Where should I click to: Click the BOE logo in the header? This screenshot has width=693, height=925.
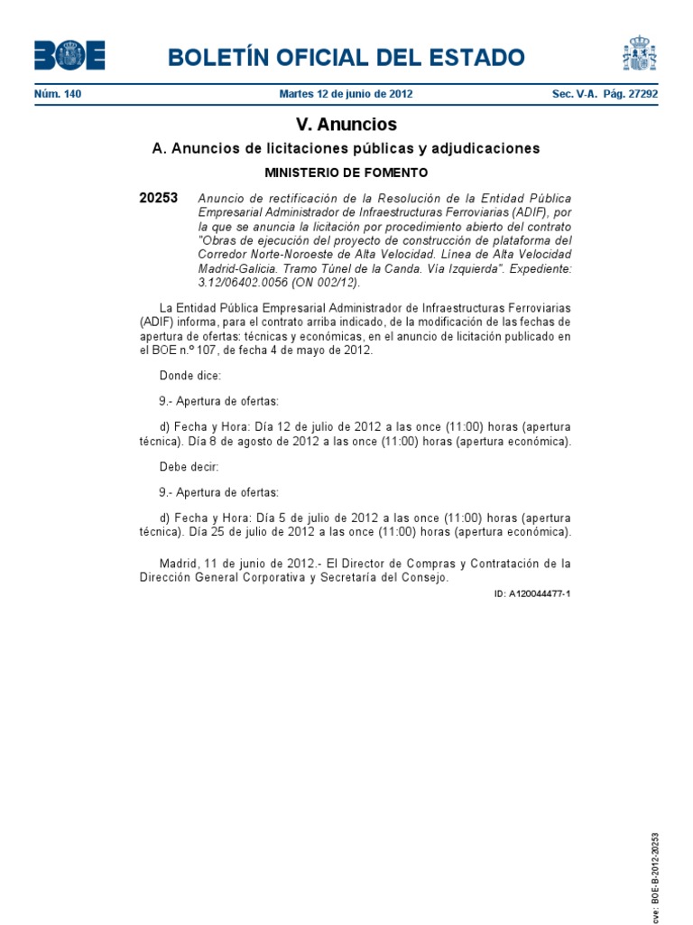69,56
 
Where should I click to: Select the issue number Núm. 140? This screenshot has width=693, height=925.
58,94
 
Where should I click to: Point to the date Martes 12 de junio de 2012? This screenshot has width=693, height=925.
346,94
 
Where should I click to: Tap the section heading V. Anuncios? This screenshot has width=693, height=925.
346,125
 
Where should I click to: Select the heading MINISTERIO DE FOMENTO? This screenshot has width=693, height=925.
346,172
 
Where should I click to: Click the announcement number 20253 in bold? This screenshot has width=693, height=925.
159,198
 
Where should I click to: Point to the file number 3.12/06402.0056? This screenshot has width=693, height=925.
243,282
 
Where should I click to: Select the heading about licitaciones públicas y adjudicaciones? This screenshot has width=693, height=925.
346,148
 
